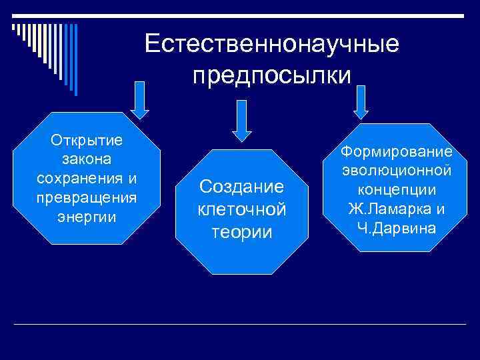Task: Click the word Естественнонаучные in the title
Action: click(x=272, y=44)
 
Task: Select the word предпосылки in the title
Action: click(x=272, y=75)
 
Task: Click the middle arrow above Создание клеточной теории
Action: click(x=243, y=121)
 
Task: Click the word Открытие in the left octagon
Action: click(x=86, y=141)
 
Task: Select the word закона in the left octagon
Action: click(x=86, y=160)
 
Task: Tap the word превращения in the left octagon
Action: click(x=86, y=198)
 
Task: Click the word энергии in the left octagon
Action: click(x=86, y=217)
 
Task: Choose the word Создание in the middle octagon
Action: click(x=242, y=187)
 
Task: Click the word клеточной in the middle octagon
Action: click(x=242, y=209)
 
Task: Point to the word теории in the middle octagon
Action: click(x=242, y=232)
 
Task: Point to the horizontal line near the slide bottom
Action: click(x=240, y=324)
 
